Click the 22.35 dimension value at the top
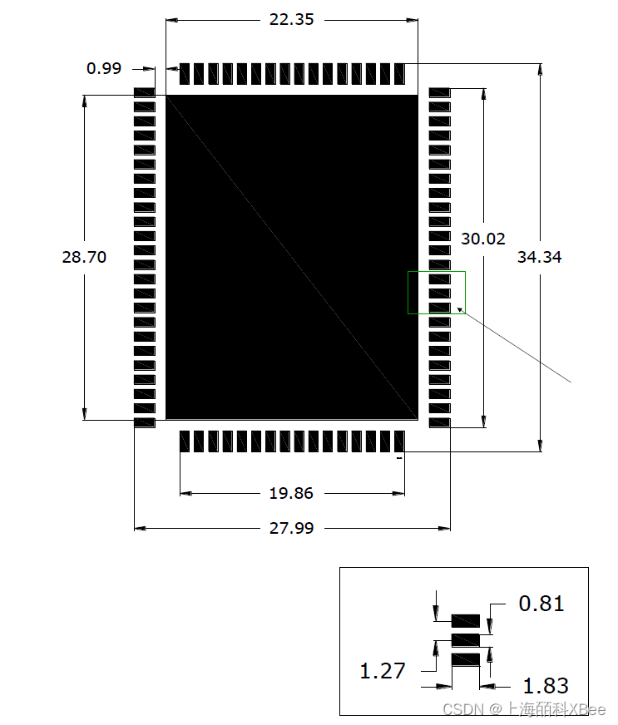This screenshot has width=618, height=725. click(291, 19)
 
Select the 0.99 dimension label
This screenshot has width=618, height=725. click(104, 68)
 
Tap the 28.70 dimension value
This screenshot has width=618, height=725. click(84, 257)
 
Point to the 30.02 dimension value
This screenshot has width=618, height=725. click(483, 239)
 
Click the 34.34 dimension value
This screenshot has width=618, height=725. click(539, 257)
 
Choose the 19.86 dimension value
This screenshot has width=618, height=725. click(291, 493)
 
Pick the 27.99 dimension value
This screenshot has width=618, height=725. click(291, 527)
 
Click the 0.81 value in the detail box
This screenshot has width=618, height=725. click(541, 603)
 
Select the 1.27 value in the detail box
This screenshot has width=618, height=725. click(382, 670)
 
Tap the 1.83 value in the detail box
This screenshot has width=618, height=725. click(546, 686)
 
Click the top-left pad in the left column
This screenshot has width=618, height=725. click(145, 91)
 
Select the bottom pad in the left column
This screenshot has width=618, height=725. click(145, 423)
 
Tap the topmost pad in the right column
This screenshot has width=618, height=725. click(439, 91)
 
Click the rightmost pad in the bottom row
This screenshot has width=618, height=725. click(399, 441)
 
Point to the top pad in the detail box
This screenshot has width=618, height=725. click(466, 621)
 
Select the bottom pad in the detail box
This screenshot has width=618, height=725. click(466, 659)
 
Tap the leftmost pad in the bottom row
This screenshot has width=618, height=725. click(185, 441)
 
